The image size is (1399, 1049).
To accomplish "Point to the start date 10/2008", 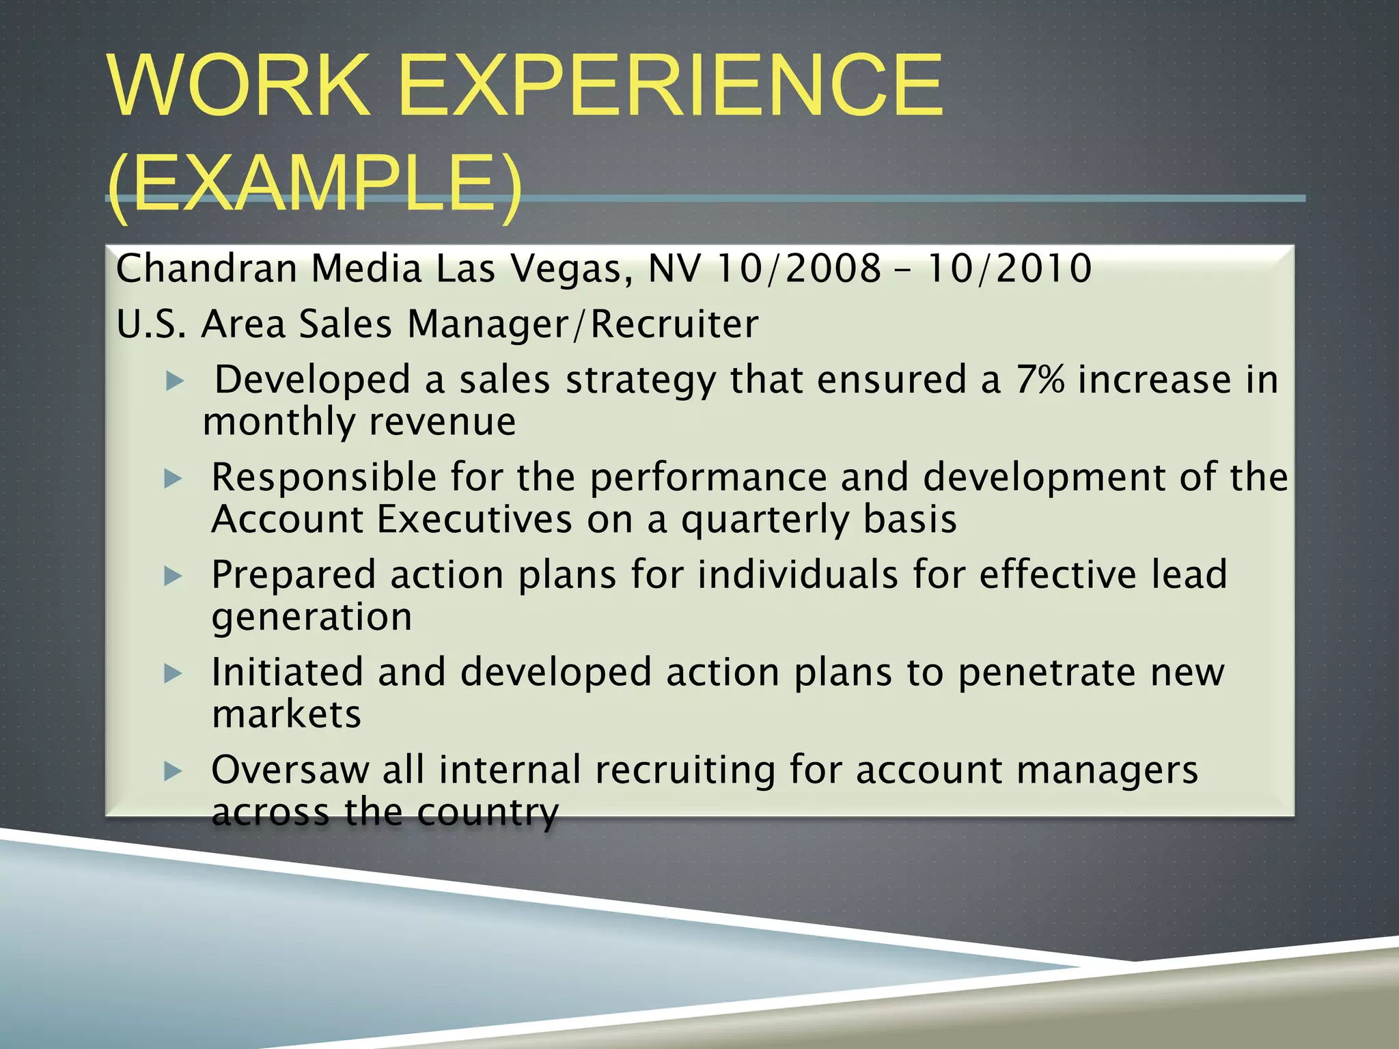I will pos(799,268).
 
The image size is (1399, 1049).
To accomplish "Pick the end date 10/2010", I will pos(1009,268).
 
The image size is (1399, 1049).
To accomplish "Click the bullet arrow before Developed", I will pos(176,381).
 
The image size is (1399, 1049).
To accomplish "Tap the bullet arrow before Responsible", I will pos(174,479).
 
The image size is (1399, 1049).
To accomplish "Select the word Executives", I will pos(474,520).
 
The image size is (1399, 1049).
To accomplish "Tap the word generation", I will pos(312,618).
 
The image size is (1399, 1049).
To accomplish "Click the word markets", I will pos(286,715).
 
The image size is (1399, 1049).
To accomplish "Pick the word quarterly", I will pos(765,520).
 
